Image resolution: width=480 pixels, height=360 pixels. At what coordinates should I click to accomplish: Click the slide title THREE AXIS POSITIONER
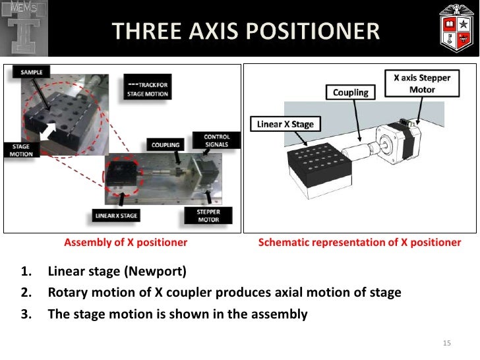pyautogui.click(x=245, y=31)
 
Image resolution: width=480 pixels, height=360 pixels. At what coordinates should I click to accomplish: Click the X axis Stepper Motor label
pyautogui.click(x=422, y=83)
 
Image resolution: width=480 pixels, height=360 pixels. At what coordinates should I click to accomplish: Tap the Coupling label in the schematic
pyautogui.click(x=350, y=92)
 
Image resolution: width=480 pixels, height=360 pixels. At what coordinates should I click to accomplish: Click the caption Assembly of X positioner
pyautogui.click(x=125, y=243)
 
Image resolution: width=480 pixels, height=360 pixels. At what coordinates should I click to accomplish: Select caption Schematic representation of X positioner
pyautogui.click(x=359, y=243)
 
